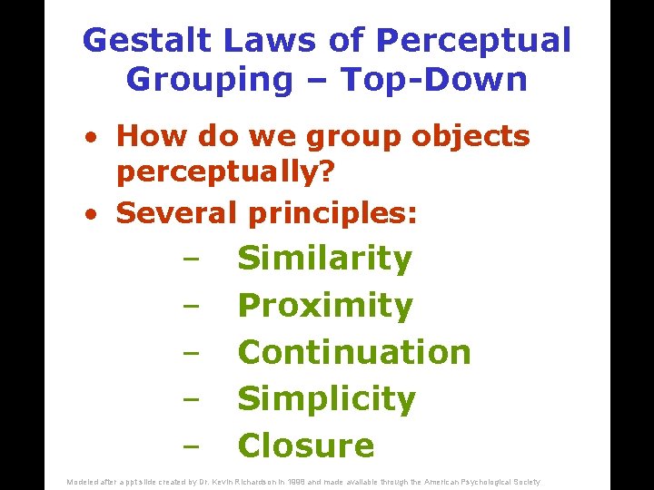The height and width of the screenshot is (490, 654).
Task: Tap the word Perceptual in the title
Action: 473,41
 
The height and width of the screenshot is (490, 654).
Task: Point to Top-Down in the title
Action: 434,80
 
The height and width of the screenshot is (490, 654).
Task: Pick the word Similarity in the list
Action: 324,259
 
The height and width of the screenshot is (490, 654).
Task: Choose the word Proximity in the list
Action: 324,306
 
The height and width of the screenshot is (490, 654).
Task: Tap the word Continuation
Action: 353,352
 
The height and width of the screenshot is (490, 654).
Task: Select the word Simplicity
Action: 326,398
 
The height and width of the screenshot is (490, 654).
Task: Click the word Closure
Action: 305,446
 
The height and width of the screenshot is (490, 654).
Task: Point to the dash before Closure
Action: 190,447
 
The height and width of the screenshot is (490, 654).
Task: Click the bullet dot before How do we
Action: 92,138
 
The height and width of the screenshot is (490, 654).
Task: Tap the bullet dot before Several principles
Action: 92,214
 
